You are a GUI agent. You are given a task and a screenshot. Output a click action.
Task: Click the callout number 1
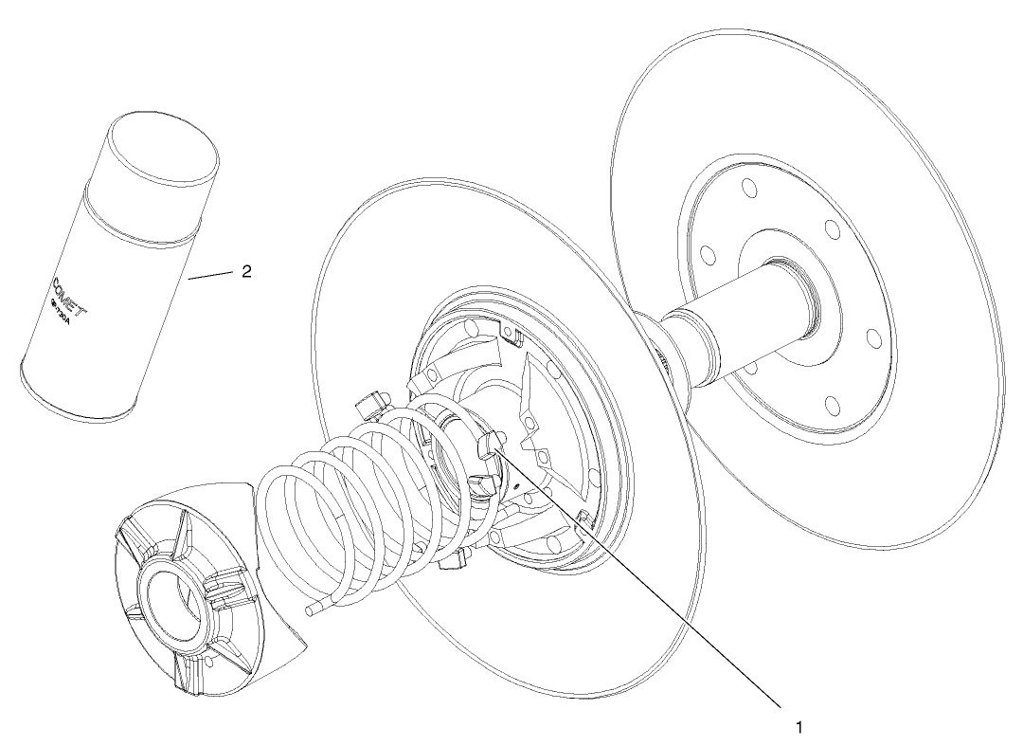(x=799, y=728)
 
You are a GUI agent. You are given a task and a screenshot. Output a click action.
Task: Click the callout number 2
(x=246, y=272)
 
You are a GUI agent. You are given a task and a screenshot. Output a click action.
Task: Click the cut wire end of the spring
(x=310, y=612)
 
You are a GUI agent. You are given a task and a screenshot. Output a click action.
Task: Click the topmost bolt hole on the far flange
(x=750, y=189)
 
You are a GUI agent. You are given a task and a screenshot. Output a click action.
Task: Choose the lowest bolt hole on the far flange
(x=832, y=406)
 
